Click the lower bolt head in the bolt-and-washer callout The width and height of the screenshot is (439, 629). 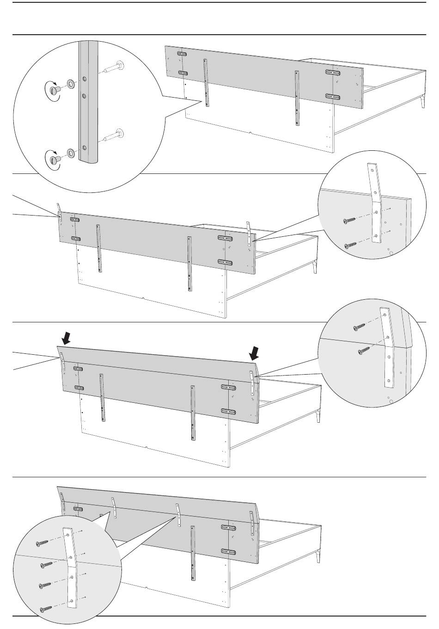pyautogui.click(x=55, y=159)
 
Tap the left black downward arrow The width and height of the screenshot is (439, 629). pyautogui.click(x=67, y=339)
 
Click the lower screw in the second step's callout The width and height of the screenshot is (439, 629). pyautogui.click(x=351, y=245)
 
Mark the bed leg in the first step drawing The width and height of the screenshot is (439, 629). pyautogui.click(x=422, y=103)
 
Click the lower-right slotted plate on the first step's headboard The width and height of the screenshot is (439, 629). pyautogui.click(x=334, y=97)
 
